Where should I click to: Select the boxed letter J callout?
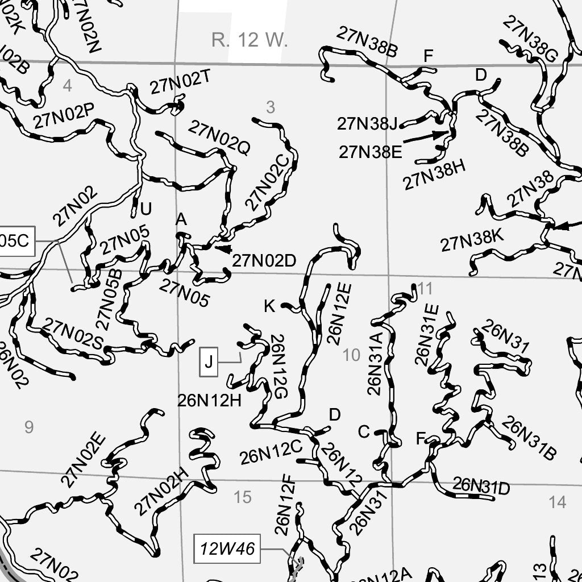point(209,361)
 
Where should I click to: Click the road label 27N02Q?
point(219,138)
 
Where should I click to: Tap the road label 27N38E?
point(370,152)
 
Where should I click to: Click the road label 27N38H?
point(435,175)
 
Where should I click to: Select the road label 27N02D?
point(264,261)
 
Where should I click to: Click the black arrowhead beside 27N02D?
point(223,248)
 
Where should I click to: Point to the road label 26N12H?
point(210,401)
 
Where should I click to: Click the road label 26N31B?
point(528,439)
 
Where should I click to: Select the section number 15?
point(243,497)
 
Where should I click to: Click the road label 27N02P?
point(63,115)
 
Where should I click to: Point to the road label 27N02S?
point(73,335)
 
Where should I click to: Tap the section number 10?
point(352,356)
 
